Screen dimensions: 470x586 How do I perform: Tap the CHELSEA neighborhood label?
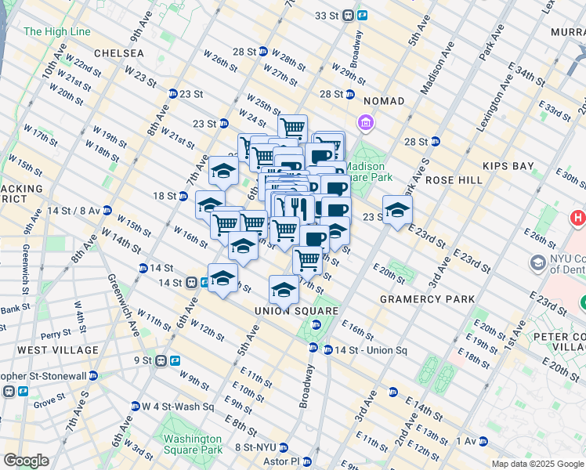118,53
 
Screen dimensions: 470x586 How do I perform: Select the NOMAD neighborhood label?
383,101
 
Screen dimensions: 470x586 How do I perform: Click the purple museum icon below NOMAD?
364,123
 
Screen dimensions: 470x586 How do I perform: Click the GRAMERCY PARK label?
427,299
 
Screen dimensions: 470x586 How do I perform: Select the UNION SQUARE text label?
296,311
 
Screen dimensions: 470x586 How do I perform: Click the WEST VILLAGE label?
58,350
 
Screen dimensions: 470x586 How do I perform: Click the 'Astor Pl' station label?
284,462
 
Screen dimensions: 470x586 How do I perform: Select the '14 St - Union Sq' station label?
371,349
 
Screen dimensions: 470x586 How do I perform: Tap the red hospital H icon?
578,217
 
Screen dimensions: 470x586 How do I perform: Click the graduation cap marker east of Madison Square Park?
398,210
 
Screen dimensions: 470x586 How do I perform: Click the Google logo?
27,461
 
